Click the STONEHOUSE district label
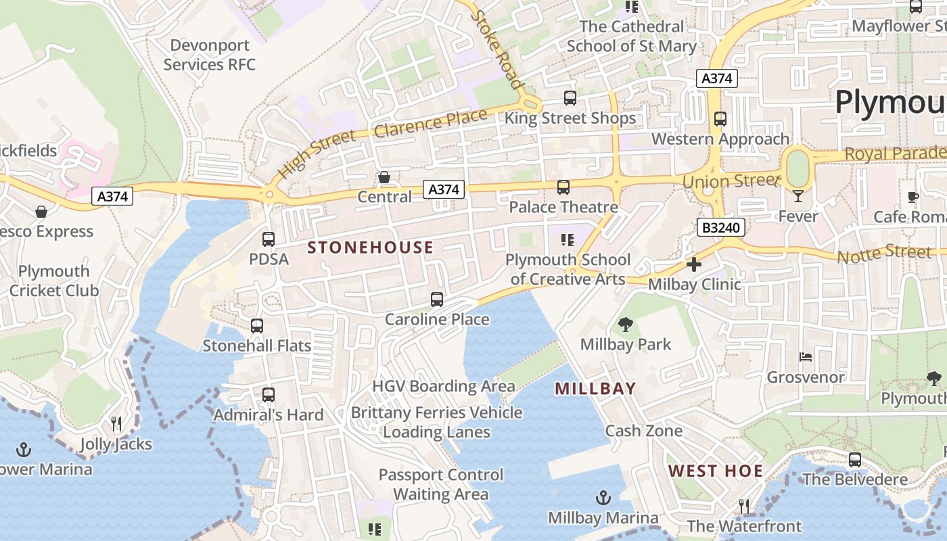pyautogui.click(x=370, y=248)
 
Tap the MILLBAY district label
pyautogui.click(x=595, y=388)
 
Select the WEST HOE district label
pyautogui.click(x=716, y=471)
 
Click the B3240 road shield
pyautogui.click(x=720, y=228)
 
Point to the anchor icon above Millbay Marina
pyautogui.click(x=603, y=498)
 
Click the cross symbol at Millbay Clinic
pyautogui.click(x=694, y=264)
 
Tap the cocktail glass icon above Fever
pyautogui.click(x=798, y=196)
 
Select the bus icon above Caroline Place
pyautogui.click(x=437, y=299)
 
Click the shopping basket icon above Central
pyautogui.click(x=384, y=177)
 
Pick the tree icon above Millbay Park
pyautogui.click(x=626, y=325)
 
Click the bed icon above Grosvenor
pyautogui.click(x=806, y=357)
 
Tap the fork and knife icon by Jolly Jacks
pyautogui.click(x=116, y=424)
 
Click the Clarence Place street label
pyautogui.click(x=430, y=123)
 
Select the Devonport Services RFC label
pyautogui.click(x=210, y=55)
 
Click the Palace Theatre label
pyautogui.click(x=563, y=207)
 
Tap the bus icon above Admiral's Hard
pyautogui.click(x=269, y=394)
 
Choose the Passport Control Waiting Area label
pyautogui.click(x=441, y=484)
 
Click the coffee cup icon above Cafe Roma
pyautogui.click(x=913, y=197)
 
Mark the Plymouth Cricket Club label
pyautogui.click(x=54, y=281)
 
